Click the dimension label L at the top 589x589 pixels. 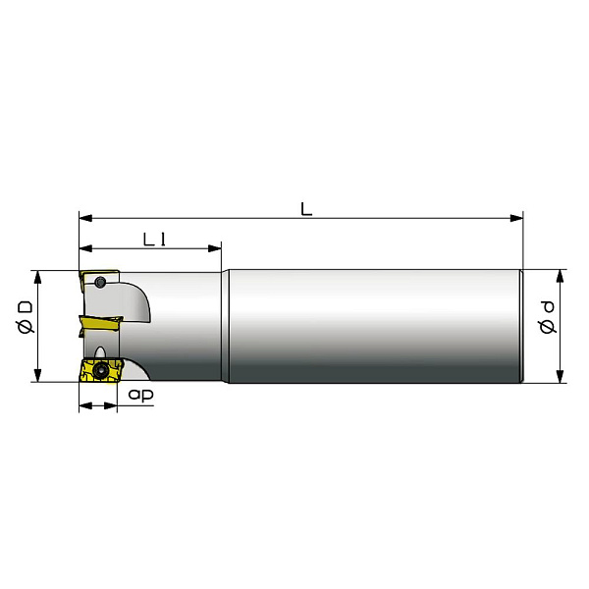(306, 209)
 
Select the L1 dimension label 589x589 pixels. (154, 240)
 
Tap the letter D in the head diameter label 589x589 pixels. (26, 308)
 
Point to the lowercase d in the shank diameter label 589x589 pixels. (548, 307)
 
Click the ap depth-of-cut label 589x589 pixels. (140, 395)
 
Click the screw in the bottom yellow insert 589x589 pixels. (100, 370)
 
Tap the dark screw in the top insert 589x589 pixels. (99, 282)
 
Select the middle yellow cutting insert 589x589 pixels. (100, 323)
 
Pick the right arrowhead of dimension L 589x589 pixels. (516, 218)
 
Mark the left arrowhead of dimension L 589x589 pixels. (85, 218)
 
